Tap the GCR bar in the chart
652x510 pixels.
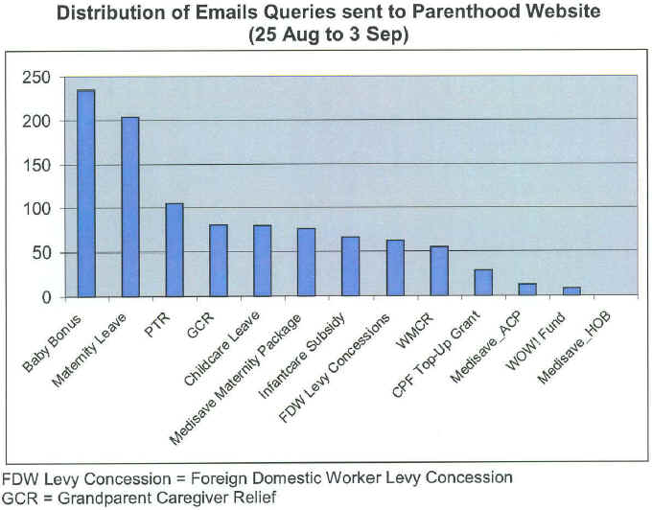coord(218,260)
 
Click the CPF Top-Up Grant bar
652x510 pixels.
coord(483,283)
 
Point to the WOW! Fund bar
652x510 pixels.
coord(571,291)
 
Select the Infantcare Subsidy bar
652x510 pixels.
coord(350,266)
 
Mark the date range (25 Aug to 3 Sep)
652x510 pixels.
coord(326,35)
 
